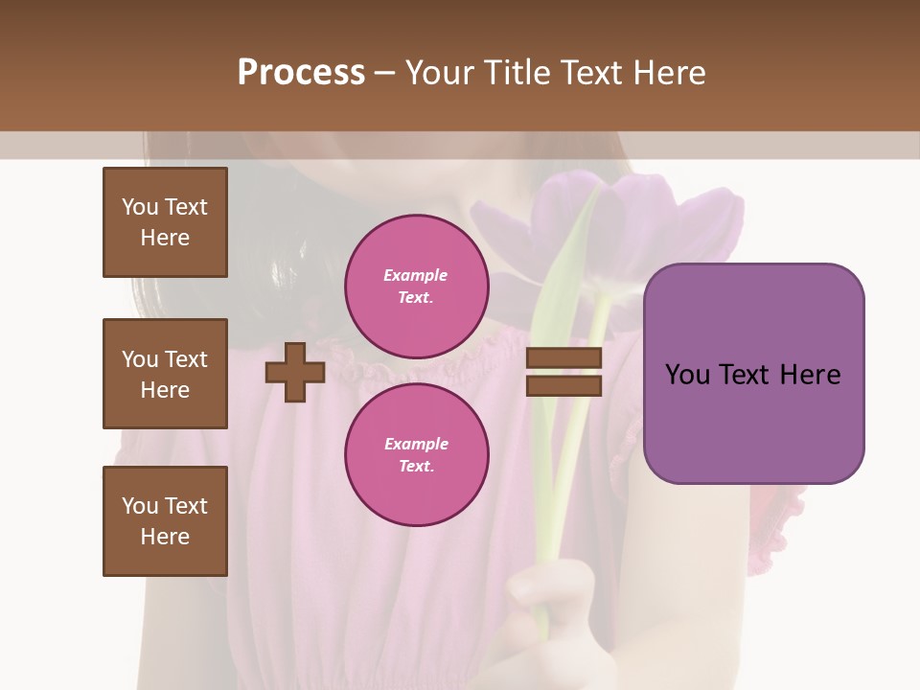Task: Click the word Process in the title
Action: pos(301,73)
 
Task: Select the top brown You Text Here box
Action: pos(165,222)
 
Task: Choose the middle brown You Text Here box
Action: pos(165,374)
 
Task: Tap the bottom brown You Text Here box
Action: pos(165,521)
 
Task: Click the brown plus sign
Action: pos(295,372)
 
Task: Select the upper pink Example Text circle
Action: pos(416,287)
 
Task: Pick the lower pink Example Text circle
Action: pos(416,455)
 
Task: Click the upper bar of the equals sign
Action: pos(563,358)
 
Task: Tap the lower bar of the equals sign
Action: pos(563,385)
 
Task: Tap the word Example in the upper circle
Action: pos(416,275)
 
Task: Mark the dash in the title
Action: pos(384,73)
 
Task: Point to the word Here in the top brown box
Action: pos(165,238)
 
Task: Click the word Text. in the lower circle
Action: pos(416,467)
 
